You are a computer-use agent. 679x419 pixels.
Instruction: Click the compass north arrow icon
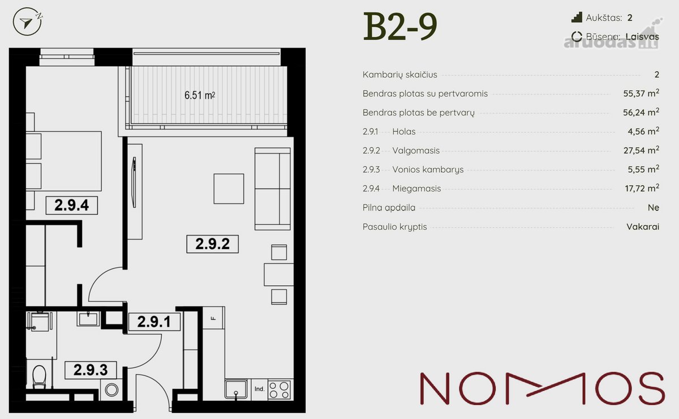pyautogui.click(x=27, y=22)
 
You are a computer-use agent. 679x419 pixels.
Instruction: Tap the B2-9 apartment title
pyautogui.click(x=400, y=26)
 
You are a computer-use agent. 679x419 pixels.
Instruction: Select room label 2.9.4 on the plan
pyautogui.click(x=71, y=206)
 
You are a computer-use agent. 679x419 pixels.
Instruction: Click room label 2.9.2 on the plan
pyautogui.click(x=213, y=244)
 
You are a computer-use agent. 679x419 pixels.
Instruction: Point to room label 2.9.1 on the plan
pyautogui.click(x=154, y=322)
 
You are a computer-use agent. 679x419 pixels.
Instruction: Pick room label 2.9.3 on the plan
pyautogui.click(x=91, y=370)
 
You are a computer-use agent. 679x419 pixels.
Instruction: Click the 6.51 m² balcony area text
pyautogui.click(x=200, y=95)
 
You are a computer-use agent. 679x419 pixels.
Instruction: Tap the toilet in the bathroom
pyautogui.click(x=39, y=376)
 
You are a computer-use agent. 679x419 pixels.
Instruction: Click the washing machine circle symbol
pyautogui.click(x=111, y=390)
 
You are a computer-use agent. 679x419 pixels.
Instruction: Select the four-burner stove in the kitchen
pyautogui.click(x=279, y=390)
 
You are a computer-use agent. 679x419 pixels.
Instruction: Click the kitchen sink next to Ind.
pyautogui.click(x=236, y=388)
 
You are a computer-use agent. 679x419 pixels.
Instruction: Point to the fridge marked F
pyautogui.click(x=213, y=318)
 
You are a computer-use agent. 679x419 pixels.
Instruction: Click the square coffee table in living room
pyautogui.click(x=229, y=189)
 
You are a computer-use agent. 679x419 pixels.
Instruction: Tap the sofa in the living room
pyautogui.click(x=273, y=189)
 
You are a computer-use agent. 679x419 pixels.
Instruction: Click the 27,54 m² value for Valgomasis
pyautogui.click(x=641, y=150)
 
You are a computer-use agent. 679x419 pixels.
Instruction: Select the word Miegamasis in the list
pyautogui.click(x=416, y=189)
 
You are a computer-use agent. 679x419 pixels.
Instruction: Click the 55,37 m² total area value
pyautogui.click(x=641, y=93)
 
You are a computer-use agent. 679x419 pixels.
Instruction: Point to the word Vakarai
pyautogui.click(x=643, y=226)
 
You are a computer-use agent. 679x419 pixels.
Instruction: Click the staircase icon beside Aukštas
pyautogui.click(x=577, y=18)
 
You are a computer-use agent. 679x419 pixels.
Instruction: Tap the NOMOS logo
pyautogui.click(x=542, y=388)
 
